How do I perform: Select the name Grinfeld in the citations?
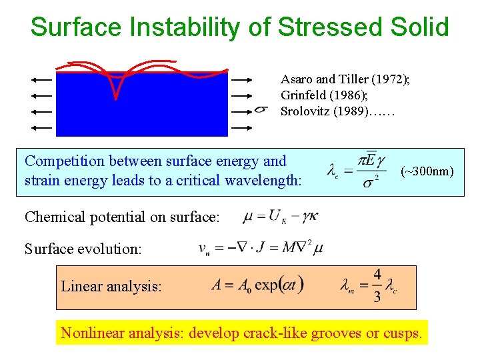(x=305, y=95)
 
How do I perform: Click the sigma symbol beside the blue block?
(x=261, y=110)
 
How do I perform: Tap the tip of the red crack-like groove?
(x=115, y=99)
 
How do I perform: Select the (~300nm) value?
(x=427, y=172)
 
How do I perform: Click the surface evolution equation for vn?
(x=261, y=249)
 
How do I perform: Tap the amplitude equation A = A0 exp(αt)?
(x=257, y=285)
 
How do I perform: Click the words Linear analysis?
(x=111, y=287)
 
